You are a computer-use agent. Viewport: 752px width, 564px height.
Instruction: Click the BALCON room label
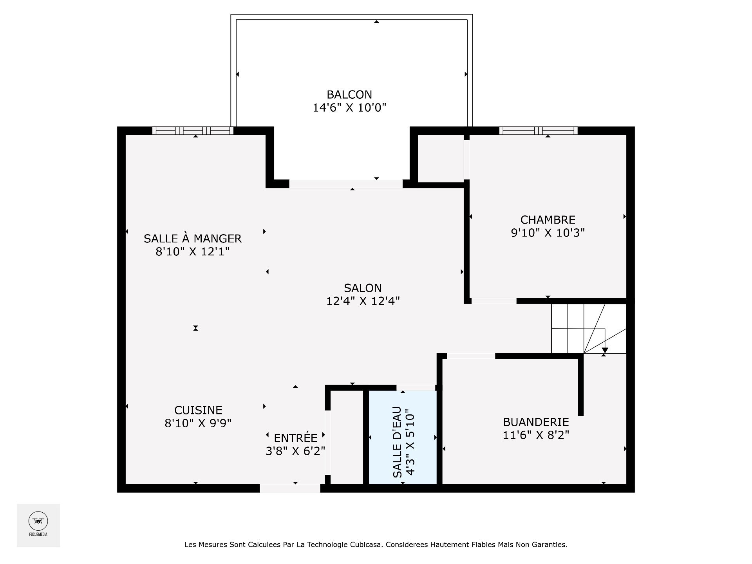349,94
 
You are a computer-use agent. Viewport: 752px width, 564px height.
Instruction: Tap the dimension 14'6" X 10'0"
349,108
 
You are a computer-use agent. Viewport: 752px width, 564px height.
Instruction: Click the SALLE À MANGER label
192,238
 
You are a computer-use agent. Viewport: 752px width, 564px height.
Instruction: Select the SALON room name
363,288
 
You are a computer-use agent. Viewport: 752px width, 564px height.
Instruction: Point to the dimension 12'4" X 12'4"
363,301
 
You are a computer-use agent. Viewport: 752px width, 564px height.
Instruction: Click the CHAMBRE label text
548,220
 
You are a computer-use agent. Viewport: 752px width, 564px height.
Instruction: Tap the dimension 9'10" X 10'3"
548,233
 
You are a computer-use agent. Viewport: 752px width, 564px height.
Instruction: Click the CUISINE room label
198,410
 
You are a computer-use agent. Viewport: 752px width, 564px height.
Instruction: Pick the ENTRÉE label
295,437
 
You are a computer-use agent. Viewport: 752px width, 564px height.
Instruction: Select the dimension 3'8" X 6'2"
295,451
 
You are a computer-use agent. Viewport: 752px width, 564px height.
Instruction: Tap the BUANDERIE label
536,422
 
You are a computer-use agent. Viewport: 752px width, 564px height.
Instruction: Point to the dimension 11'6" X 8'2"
536,435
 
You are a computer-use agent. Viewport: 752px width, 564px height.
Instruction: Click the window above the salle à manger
192,130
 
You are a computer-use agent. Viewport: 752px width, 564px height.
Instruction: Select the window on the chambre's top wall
538,130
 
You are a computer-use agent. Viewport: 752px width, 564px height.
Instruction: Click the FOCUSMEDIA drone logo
38,521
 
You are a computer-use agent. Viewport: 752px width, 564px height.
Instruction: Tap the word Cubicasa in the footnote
363,544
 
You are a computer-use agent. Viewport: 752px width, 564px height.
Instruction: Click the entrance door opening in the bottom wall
290,488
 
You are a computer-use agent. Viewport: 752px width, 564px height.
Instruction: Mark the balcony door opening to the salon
345,184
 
